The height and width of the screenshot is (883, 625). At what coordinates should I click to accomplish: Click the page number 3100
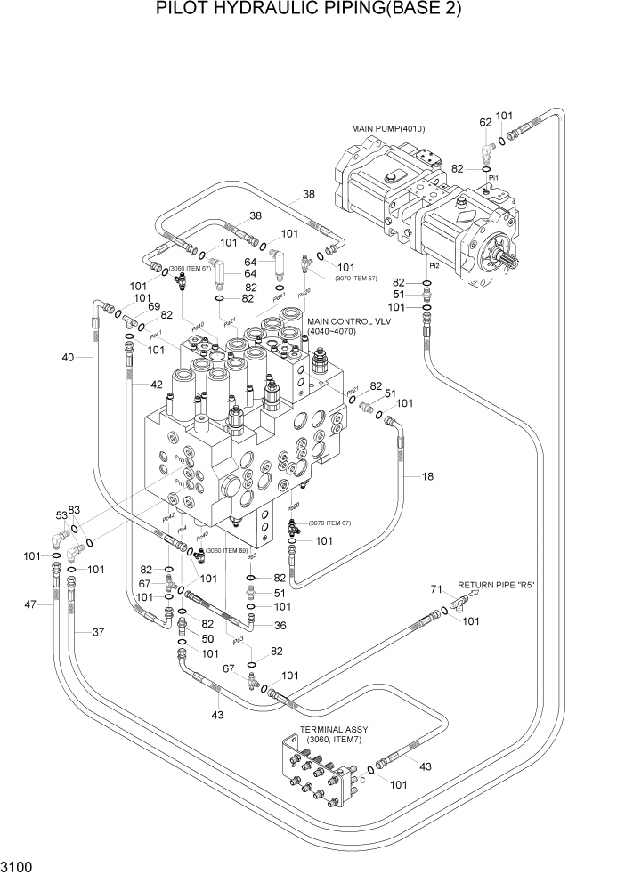pos(19,866)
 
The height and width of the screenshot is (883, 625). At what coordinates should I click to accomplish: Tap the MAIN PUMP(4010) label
pos(388,128)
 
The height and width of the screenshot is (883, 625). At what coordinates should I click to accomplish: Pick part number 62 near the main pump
pos(485,122)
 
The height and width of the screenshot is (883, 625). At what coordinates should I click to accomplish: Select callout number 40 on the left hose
pos(68,358)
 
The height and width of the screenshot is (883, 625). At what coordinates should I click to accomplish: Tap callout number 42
pos(156,385)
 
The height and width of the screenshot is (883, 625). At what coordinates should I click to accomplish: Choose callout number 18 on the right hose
pos(428,477)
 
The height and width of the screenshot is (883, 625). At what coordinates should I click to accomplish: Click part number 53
pos(61,515)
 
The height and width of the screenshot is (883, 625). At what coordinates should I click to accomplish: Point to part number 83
pos(75,509)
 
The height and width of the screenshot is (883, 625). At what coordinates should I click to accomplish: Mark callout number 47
pos(31,604)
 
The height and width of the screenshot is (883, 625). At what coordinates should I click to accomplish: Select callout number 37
pos(99,631)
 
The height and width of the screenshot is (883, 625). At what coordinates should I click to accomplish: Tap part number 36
pos(280,624)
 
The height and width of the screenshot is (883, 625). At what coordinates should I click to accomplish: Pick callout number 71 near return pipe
pos(436,589)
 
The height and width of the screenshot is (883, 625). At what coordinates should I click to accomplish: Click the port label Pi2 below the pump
pos(434,265)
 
